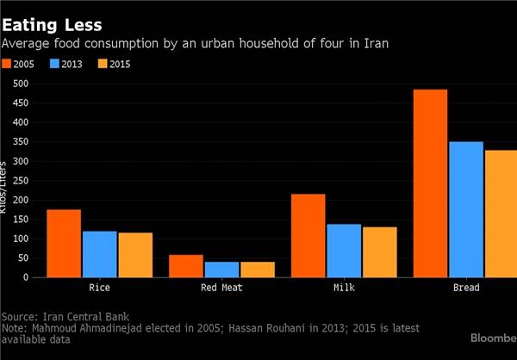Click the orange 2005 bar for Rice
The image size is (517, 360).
pos(63,244)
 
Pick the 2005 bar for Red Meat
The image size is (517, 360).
pos(185,266)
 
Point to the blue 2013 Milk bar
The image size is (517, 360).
pos(344,251)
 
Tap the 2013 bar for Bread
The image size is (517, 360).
pos(466,209)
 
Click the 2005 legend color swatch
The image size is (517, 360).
pos(8,63)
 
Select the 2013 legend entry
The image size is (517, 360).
pos(67,63)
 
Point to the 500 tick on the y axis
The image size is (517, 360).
pos(18,84)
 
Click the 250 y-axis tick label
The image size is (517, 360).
pos(18,181)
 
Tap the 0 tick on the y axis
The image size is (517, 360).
pos(25,277)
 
